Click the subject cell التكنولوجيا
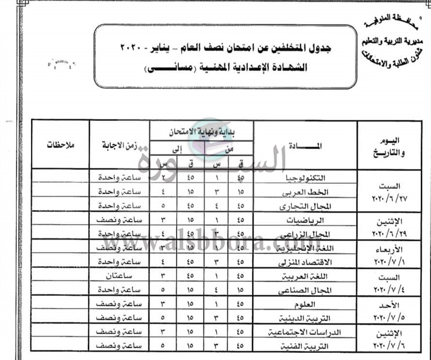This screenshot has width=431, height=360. (x=307, y=179)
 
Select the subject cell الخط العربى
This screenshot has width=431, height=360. (x=307, y=192)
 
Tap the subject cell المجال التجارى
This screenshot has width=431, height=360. (x=306, y=207)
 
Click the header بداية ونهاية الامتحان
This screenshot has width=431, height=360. (x=201, y=131)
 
